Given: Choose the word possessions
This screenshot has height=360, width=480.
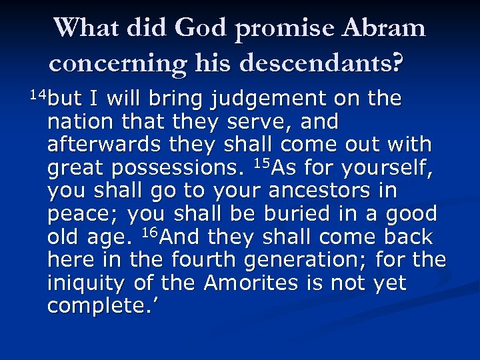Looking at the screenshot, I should point(177,169).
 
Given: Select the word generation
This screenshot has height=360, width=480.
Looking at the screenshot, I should point(311,260).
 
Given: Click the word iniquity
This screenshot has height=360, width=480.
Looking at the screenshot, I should point(84,284).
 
